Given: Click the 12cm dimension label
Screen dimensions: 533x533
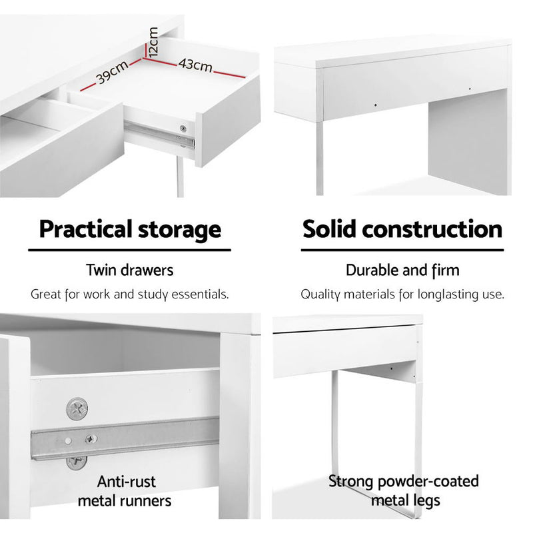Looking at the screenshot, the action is click(153, 42).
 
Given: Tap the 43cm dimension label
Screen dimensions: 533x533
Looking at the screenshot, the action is click(195, 65).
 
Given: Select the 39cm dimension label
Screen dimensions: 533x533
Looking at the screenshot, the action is click(112, 72).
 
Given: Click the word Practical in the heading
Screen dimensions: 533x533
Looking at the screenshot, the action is click(85, 229).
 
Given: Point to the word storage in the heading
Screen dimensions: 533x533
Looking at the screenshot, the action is click(179, 231).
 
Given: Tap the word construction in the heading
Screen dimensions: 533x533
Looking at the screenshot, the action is click(432, 229).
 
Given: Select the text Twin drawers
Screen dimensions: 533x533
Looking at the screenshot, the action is click(129, 270).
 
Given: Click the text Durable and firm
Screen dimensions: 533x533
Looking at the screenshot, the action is click(402, 270).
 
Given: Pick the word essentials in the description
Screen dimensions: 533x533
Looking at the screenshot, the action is click(200, 294).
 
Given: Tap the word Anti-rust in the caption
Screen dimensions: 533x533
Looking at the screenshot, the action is click(126, 482).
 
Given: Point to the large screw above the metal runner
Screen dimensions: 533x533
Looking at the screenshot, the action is click(77, 408).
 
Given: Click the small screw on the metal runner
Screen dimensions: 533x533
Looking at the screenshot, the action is click(91, 439).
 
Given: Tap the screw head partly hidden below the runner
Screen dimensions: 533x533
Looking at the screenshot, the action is click(76, 462).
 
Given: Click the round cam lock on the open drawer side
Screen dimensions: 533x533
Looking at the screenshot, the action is click(183, 129).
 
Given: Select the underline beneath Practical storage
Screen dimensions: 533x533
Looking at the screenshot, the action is click(129, 251).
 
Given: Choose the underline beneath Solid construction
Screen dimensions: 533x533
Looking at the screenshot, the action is click(402, 251).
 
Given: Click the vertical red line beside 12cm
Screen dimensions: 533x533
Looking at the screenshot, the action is click(145, 51).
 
